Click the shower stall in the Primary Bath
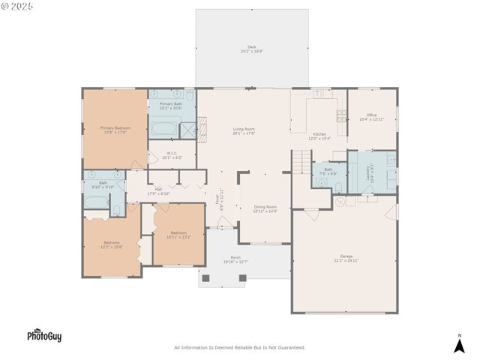(188, 130)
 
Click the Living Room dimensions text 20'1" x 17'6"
(244, 133)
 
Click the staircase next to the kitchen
(301, 160)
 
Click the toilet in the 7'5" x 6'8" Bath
(339, 184)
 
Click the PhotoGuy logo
(44, 336)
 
